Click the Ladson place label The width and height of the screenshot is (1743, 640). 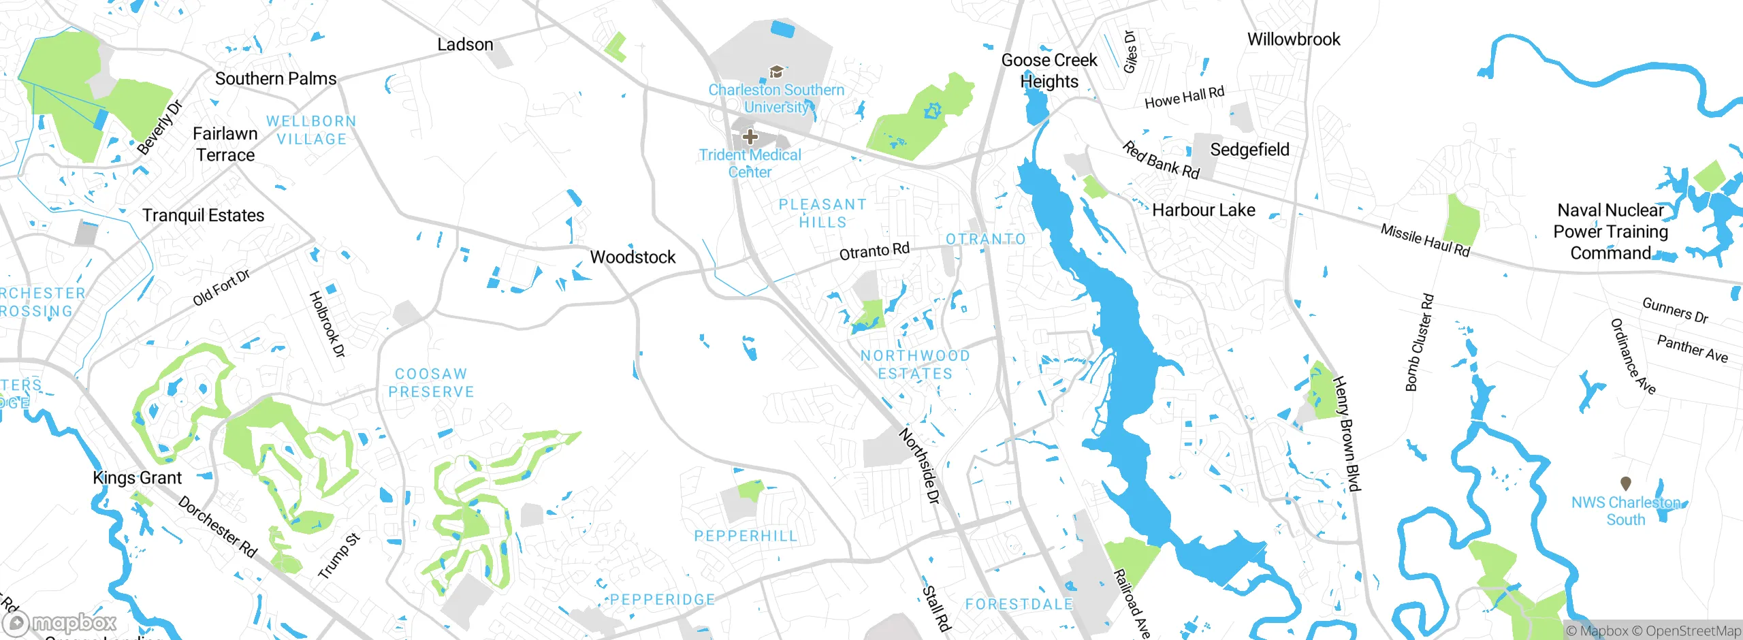click(465, 45)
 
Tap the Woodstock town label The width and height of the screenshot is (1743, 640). click(633, 257)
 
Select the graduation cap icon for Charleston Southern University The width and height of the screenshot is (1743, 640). click(775, 72)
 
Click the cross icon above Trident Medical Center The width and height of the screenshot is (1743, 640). click(750, 137)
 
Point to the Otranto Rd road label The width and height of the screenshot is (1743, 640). click(874, 251)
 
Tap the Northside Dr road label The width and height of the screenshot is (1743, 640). click(920, 466)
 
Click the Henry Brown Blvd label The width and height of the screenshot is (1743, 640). click(1346, 434)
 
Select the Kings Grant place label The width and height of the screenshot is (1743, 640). click(137, 478)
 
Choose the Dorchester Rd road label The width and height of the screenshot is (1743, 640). click(217, 527)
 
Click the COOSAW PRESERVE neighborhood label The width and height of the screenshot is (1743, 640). click(431, 383)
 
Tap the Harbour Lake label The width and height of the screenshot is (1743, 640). click(1203, 210)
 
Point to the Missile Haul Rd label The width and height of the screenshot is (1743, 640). click(1425, 240)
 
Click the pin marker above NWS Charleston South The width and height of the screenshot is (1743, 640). click(1626, 483)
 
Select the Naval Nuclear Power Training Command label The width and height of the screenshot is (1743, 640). click(1610, 232)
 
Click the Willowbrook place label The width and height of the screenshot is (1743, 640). click(1293, 39)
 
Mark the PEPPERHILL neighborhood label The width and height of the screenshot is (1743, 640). click(746, 537)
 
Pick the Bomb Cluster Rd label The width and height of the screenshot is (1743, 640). click(1420, 342)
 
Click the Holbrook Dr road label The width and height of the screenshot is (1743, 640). click(327, 324)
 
